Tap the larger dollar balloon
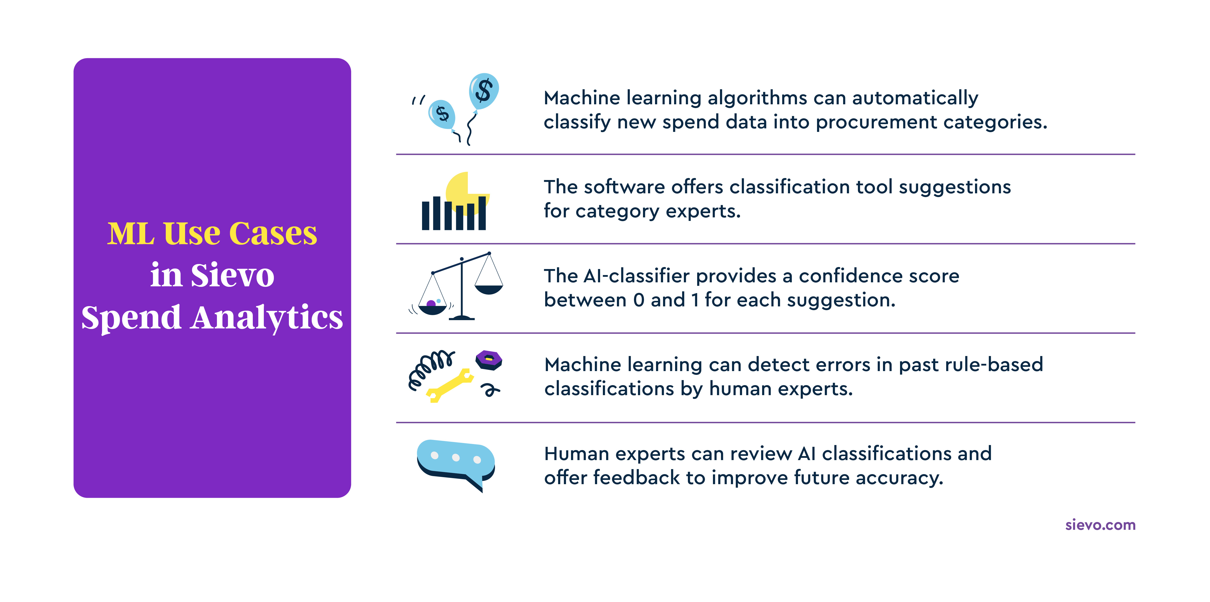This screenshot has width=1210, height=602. (x=483, y=91)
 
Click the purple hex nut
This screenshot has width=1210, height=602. (x=489, y=360)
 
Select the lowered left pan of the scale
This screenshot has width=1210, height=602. (x=432, y=309)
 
